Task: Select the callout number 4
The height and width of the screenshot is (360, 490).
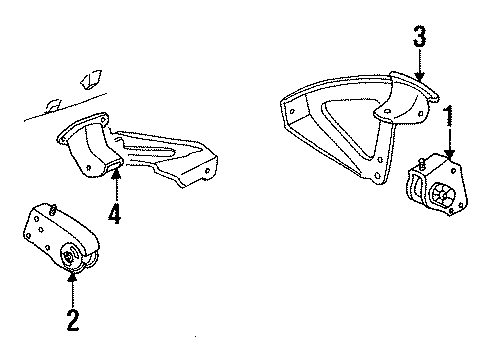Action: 117,213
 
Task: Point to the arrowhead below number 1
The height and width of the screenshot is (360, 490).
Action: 450,156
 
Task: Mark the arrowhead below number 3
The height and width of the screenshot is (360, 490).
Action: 419,79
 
